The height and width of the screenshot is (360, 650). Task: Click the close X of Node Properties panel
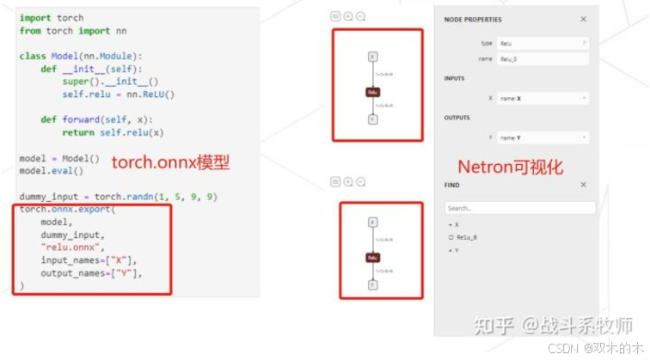tap(583, 19)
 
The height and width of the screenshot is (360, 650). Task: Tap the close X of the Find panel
tap(583, 185)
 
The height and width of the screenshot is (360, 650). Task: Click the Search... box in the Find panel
tap(519, 208)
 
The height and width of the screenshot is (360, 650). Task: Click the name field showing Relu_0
tap(542, 58)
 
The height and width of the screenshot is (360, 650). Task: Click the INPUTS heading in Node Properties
tap(455, 79)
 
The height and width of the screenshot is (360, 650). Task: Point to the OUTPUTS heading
tap(457, 117)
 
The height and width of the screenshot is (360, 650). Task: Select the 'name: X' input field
tap(542, 99)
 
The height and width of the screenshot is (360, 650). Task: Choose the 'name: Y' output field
tap(542, 137)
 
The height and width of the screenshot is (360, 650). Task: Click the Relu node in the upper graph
tap(373, 91)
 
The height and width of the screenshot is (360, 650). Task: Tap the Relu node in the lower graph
tap(373, 257)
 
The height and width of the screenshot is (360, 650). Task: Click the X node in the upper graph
tap(373, 57)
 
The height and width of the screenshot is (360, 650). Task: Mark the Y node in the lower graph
tap(373, 284)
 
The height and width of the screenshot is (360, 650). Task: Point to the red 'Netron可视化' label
tap(511, 167)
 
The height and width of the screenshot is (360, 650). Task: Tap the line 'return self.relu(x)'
tap(112, 132)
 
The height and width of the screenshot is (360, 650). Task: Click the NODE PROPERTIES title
tap(473, 19)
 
